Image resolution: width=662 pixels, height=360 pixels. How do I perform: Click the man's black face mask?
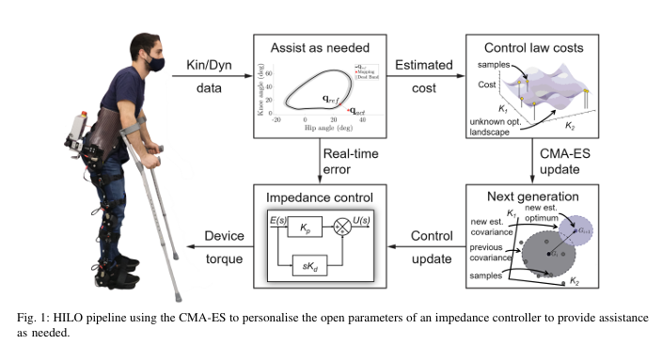[x=154, y=64]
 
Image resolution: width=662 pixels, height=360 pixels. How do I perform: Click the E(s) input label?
[x=276, y=219]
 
